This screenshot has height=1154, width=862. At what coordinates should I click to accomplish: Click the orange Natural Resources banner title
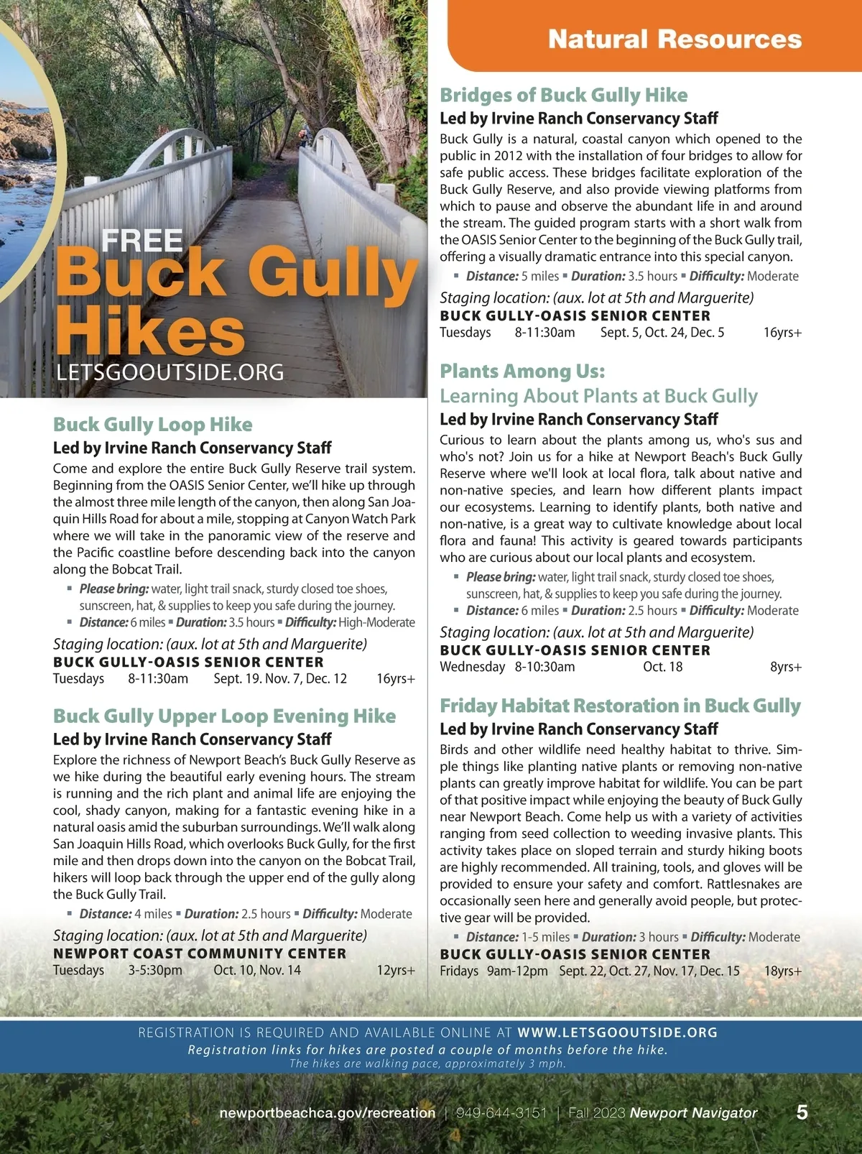click(x=675, y=39)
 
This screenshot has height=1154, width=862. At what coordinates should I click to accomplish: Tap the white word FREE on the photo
click(x=142, y=241)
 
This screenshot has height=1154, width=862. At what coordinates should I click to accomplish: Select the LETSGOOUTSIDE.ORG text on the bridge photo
click(x=170, y=372)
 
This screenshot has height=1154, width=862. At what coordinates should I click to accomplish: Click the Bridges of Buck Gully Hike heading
click(x=563, y=95)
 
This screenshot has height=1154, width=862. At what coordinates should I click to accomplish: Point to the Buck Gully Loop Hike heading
click(x=152, y=424)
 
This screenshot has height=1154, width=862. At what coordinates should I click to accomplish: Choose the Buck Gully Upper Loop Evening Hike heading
click(x=224, y=716)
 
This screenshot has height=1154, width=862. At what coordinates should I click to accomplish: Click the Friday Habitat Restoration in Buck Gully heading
click(x=620, y=706)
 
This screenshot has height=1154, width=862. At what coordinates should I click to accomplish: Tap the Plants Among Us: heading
click(x=522, y=371)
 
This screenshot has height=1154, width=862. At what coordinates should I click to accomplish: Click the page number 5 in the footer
click(x=802, y=1112)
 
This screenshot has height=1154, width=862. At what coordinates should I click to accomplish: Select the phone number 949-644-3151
click(x=501, y=1113)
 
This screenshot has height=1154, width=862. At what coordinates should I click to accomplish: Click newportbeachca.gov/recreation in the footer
click(x=327, y=1113)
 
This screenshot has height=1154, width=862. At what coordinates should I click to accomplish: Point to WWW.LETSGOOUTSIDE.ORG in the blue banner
click(x=617, y=1033)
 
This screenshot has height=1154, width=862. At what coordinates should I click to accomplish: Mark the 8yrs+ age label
click(x=786, y=667)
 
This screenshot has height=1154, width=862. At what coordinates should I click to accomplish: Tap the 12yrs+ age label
click(x=396, y=970)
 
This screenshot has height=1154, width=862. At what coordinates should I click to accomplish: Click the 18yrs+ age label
click(x=783, y=971)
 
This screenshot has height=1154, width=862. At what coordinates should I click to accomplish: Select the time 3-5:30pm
click(x=155, y=970)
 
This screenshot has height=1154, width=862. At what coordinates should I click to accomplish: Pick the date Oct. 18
click(x=662, y=667)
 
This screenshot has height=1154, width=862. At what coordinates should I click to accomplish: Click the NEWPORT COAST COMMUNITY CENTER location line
click(x=200, y=954)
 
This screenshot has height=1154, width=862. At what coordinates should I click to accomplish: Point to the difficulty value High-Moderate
click(x=376, y=622)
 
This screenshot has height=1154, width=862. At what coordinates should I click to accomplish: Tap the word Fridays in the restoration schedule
click(x=459, y=971)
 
